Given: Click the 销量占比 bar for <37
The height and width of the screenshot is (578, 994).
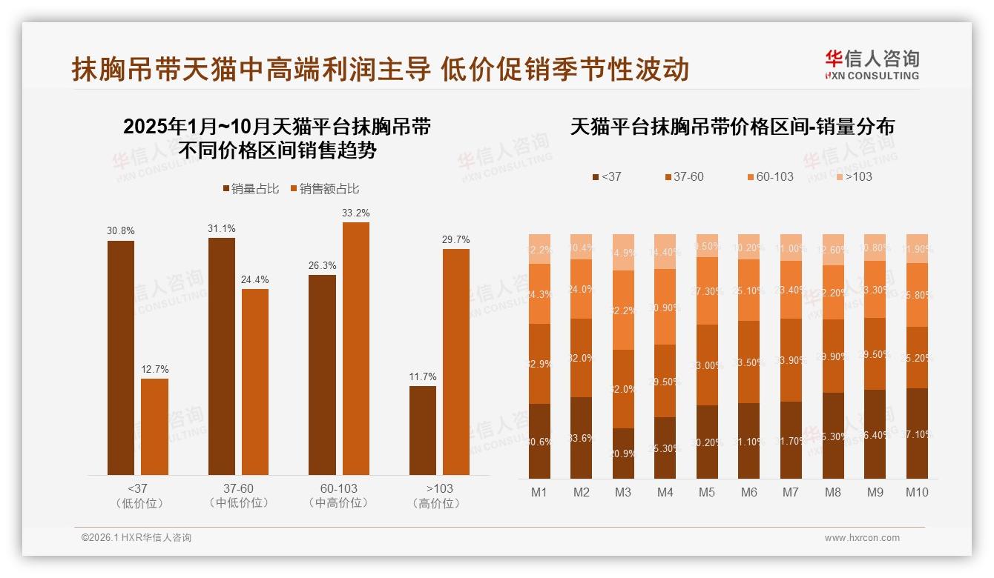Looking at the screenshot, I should [121, 357].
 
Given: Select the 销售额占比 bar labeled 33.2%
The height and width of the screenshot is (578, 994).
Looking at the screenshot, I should [355, 348].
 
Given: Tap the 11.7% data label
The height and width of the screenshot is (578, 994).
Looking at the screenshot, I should [423, 376].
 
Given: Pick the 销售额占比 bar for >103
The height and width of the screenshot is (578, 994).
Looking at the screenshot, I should [456, 362].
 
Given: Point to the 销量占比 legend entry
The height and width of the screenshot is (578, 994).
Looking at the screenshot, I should [250, 189].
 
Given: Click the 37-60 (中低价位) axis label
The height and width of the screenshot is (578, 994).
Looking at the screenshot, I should [238, 496].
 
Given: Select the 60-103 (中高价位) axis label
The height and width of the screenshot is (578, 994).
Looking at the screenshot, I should [339, 496].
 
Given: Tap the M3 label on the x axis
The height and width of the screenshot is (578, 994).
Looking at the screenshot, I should [622, 492].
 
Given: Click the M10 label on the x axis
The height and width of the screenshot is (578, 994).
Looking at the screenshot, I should [917, 492].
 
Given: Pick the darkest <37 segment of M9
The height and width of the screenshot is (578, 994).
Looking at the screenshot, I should [875, 433].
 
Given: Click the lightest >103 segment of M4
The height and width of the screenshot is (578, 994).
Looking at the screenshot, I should [665, 251].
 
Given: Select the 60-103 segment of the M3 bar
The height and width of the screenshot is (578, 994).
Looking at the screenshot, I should [623, 310].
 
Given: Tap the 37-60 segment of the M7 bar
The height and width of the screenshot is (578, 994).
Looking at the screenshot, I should [791, 360].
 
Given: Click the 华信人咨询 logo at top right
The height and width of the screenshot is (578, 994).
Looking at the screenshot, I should [872, 64].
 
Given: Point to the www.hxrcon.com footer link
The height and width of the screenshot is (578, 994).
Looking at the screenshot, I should [862, 538].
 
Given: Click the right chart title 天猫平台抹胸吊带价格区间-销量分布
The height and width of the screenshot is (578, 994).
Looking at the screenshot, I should [732, 127].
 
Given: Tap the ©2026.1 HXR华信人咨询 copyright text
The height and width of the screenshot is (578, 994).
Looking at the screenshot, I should [136, 538].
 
